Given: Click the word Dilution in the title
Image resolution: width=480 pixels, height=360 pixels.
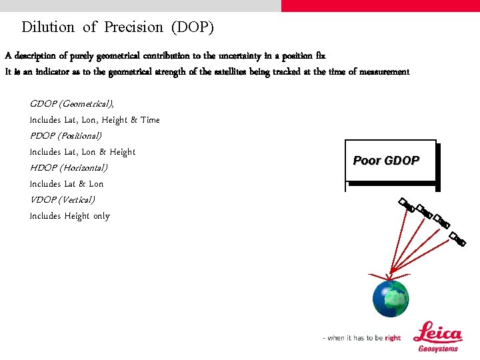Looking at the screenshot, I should click(x=48, y=27).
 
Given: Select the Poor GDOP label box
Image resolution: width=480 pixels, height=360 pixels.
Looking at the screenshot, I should click(x=389, y=161).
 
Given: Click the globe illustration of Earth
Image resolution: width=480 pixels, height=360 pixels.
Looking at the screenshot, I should click(x=390, y=299).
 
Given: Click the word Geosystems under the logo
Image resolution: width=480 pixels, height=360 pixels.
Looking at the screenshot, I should click(x=438, y=349).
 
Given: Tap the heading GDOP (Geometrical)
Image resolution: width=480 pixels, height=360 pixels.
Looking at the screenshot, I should click(x=72, y=104).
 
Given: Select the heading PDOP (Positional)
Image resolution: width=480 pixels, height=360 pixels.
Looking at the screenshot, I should click(x=65, y=136).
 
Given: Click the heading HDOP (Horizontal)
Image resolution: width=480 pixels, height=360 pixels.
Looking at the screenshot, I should click(x=69, y=168).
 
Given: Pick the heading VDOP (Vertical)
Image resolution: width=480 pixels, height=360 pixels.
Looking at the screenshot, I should click(x=63, y=200).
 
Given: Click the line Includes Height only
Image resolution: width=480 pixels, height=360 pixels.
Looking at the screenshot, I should click(x=70, y=216).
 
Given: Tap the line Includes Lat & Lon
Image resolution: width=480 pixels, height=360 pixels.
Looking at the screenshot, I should click(x=67, y=184).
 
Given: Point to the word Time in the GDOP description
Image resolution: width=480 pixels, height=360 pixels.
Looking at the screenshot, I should click(x=150, y=120).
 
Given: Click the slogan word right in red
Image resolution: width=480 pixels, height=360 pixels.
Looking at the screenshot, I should click(x=393, y=338).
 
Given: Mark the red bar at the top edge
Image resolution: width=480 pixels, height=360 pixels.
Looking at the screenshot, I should click(x=380, y=5).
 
